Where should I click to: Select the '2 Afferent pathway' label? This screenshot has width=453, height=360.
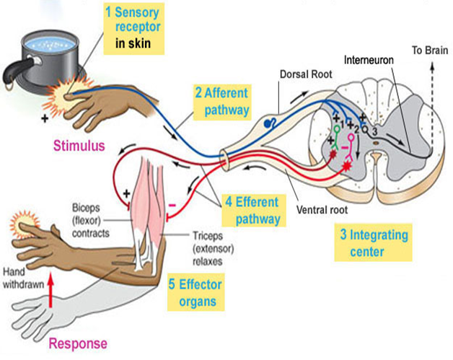coord(223,101)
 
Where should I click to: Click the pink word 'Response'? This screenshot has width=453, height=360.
coord(79,343)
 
